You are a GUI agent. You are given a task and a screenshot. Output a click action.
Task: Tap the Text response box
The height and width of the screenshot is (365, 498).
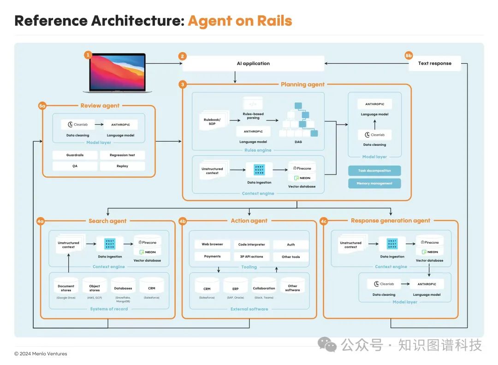(x=434, y=64)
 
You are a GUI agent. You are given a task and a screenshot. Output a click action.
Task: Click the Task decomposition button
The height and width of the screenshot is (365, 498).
(x=374, y=171)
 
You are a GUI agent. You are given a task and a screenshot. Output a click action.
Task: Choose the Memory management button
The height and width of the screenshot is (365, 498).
(x=374, y=183)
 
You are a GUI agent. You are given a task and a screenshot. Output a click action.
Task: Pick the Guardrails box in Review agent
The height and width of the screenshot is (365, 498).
(x=75, y=155)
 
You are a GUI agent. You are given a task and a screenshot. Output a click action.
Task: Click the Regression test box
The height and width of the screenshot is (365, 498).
(x=122, y=155)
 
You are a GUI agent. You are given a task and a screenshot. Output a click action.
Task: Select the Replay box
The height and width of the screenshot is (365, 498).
(x=122, y=166)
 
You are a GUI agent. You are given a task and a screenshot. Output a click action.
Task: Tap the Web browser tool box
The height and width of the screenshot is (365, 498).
(x=212, y=245)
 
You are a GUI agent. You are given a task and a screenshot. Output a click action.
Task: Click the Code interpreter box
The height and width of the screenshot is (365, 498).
(x=252, y=245)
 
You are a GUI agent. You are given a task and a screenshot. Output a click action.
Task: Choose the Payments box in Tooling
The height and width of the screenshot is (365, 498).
(x=212, y=257)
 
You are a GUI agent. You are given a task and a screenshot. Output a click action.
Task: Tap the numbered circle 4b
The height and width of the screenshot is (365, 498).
(x=183, y=221)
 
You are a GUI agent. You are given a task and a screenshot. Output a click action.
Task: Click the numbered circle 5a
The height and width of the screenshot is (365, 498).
(x=42, y=106)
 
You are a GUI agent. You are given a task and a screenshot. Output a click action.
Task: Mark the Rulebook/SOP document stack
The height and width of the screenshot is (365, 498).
(x=213, y=122)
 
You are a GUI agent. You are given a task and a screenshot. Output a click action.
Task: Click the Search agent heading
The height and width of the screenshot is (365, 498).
(x=107, y=221)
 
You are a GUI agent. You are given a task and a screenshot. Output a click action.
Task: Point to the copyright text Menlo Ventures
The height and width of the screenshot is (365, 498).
(x=41, y=354)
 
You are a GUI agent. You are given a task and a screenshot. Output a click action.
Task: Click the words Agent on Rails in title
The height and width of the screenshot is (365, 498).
(x=240, y=21)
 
